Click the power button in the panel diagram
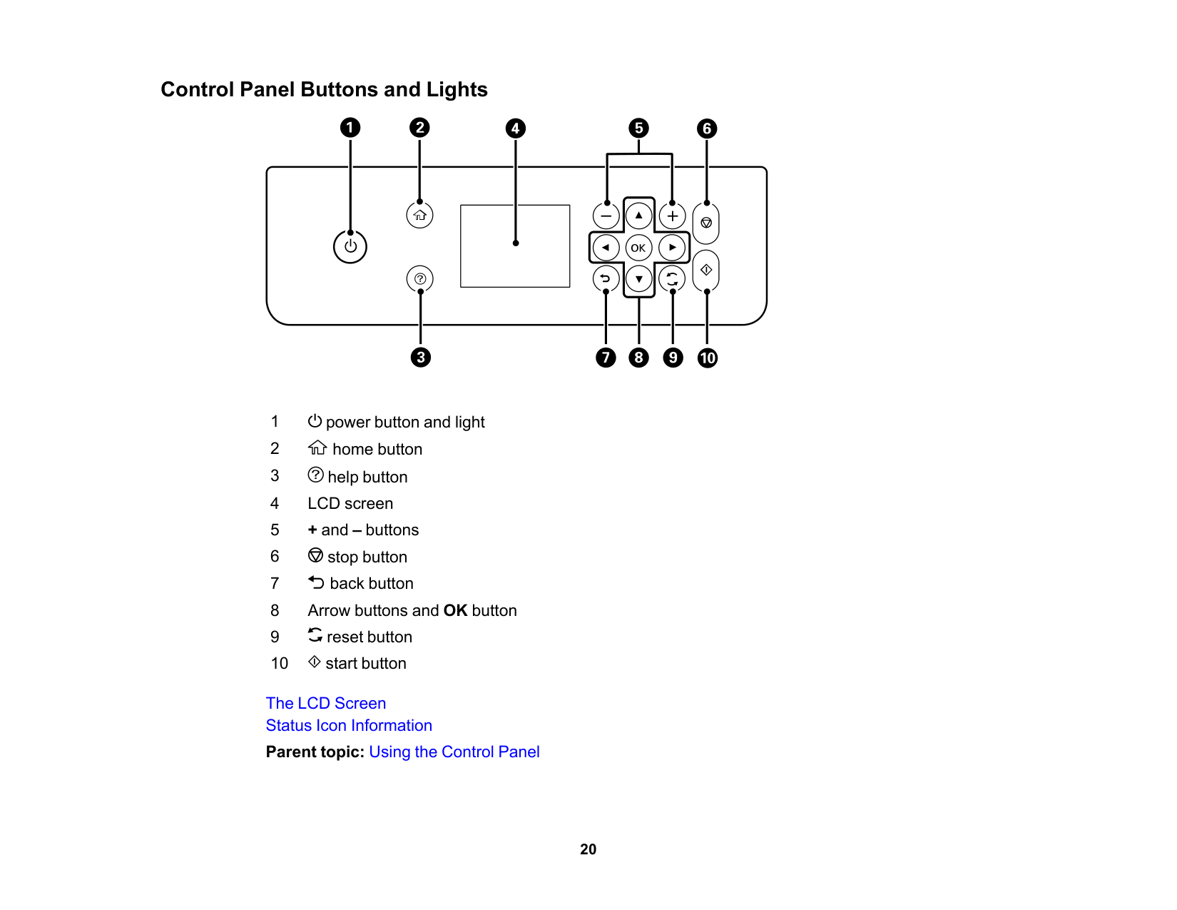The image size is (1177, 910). [x=350, y=247]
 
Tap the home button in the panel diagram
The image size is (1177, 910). [x=419, y=215]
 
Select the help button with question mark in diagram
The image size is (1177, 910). [x=420, y=278]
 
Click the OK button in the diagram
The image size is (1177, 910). [x=638, y=248]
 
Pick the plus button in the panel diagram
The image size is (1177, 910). [x=672, y=216]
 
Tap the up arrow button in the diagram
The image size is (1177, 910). [x=638, y=215]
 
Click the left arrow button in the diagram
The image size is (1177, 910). [x=606, y=248]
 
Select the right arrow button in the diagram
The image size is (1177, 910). [x=672, y=248]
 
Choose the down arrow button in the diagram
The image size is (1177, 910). [x=638, y=279]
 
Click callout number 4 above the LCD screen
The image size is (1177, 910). [x=515, y=128]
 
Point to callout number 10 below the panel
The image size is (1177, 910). [x=707, y=358]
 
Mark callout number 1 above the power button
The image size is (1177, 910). [x=350, y=128]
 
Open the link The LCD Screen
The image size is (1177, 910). [x=326, y=703]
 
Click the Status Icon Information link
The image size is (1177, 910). [x=349, y=725]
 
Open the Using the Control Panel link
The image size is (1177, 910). [x=454, y=752]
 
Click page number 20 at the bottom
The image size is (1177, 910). [x=588, y=849]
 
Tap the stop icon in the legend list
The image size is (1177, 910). [x=315, y=555]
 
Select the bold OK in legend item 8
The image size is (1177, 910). [x=455, y=610]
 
